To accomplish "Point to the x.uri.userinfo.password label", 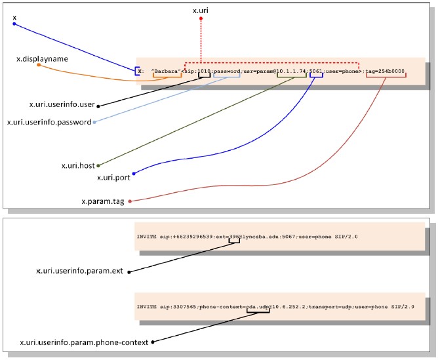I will (x=49, y=122).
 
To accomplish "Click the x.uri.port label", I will (x=114, y=177).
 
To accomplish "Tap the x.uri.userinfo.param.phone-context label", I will (x=85, y=341).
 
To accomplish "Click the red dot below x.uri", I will (x=201, y=18).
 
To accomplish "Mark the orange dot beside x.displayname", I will (x=39, y=65).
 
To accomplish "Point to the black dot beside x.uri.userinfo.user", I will (x=98, y=104).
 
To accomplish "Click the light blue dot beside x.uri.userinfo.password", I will (x=94, y=122).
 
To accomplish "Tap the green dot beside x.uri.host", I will (x=98, y=166).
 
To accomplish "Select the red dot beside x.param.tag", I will (x=130, y=201).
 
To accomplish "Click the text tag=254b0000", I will (x=386, y=71).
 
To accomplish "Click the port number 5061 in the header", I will (x=317, y=71).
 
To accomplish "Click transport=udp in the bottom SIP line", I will (x=328, y=305).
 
